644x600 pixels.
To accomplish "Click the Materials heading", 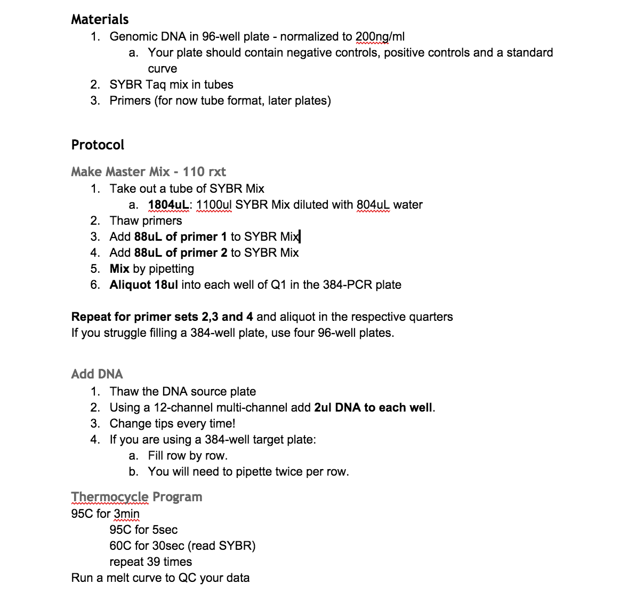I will point(100,19).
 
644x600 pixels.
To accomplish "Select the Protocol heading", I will point(98,145).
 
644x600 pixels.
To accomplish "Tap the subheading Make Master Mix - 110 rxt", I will point(148,172).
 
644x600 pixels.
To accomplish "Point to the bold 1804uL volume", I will point(168,205).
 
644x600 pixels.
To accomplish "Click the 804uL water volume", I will point(373,205).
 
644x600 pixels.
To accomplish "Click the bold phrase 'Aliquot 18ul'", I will point(143,285).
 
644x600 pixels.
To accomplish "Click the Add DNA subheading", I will point(97,374).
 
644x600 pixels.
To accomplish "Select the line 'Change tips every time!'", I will point(172,424).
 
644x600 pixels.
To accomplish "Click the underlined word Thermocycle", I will point(110,497).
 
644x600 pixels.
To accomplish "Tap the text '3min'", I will point(126,514).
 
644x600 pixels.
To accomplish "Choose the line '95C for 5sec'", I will point(143,530).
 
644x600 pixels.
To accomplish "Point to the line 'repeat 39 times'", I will point(150,562).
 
